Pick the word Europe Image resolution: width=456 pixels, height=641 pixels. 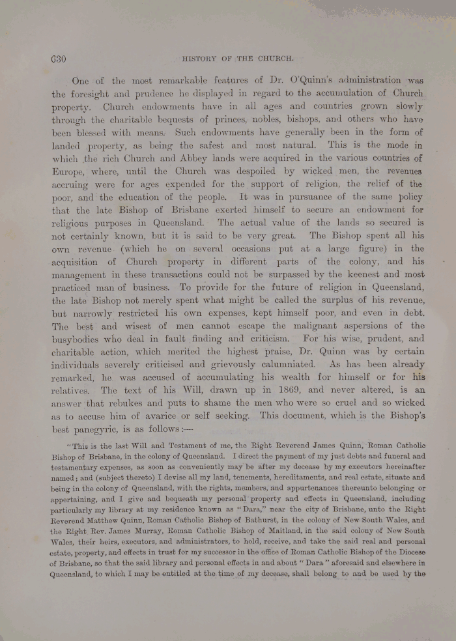click(71, 171)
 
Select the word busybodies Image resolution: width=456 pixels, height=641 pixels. click(85, 339)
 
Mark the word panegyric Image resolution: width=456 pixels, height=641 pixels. click(110, 430)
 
